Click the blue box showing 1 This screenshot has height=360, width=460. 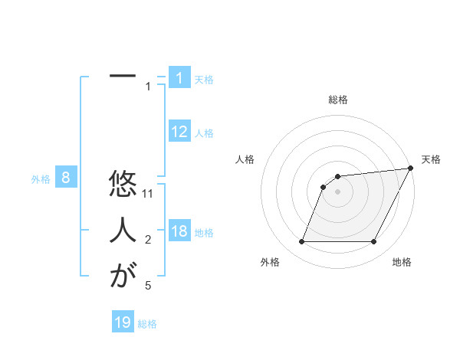click(x=179, y=78)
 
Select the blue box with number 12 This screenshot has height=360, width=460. click(x=179, y=132)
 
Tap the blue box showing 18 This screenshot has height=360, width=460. click(x=179, y=231)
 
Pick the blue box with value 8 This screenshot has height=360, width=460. click(x=66, y=178)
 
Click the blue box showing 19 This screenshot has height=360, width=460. click(x=123, y=322)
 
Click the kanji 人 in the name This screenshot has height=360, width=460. click(x=123, y=231)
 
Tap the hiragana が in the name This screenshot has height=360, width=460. click(x=123, y=276)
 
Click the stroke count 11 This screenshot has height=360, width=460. click(x=149, y=194)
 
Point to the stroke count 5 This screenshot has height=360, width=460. click(x=148, y=286)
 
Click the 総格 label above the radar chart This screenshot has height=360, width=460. click(x=337, y=100)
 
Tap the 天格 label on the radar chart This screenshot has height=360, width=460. click(x=431, y=159)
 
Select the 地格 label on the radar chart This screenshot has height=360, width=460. click(x=402, y=263)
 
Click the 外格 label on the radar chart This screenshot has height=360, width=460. click(x=270, y=263)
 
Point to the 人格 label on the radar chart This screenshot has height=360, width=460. click(x=245, y=159)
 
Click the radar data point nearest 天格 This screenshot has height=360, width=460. click(x=411, y=169)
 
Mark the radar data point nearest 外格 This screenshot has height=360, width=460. click(x=302, y=242)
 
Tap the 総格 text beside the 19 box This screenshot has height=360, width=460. click(x=147, y=324)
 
